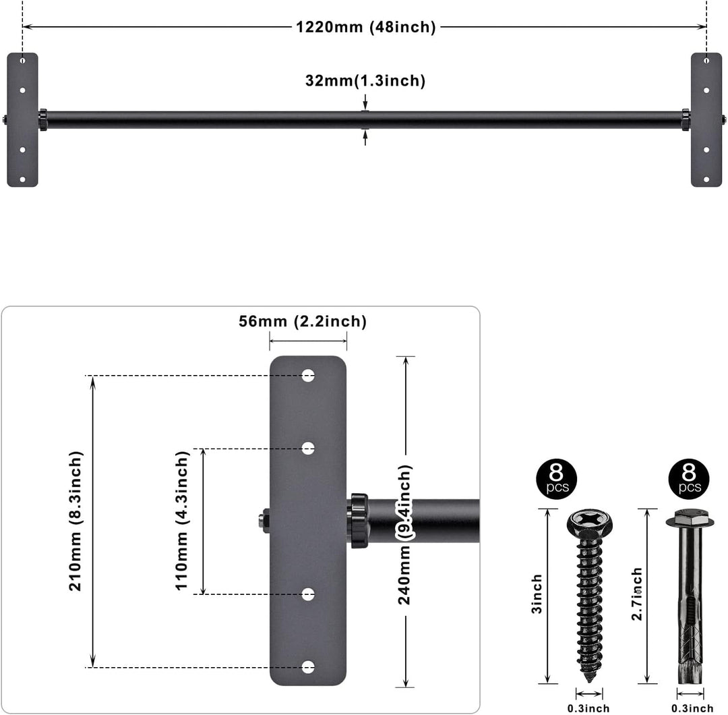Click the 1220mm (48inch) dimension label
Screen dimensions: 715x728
point(366,27)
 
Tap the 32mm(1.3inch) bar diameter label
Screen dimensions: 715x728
point(365,81)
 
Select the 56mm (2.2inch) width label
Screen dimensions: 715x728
point(303,322)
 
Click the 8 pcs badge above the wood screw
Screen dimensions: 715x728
point(556,478)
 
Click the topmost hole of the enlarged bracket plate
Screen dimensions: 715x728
point(308,376)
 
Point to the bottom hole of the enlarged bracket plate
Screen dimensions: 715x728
point(308,667)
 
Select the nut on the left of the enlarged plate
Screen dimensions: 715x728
point(263,520)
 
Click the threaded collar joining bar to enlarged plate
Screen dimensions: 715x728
point(358,520)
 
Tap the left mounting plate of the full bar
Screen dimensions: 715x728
point(22,119)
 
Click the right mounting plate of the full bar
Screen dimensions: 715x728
point(706,119)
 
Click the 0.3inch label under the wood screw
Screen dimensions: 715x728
point(588,708)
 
